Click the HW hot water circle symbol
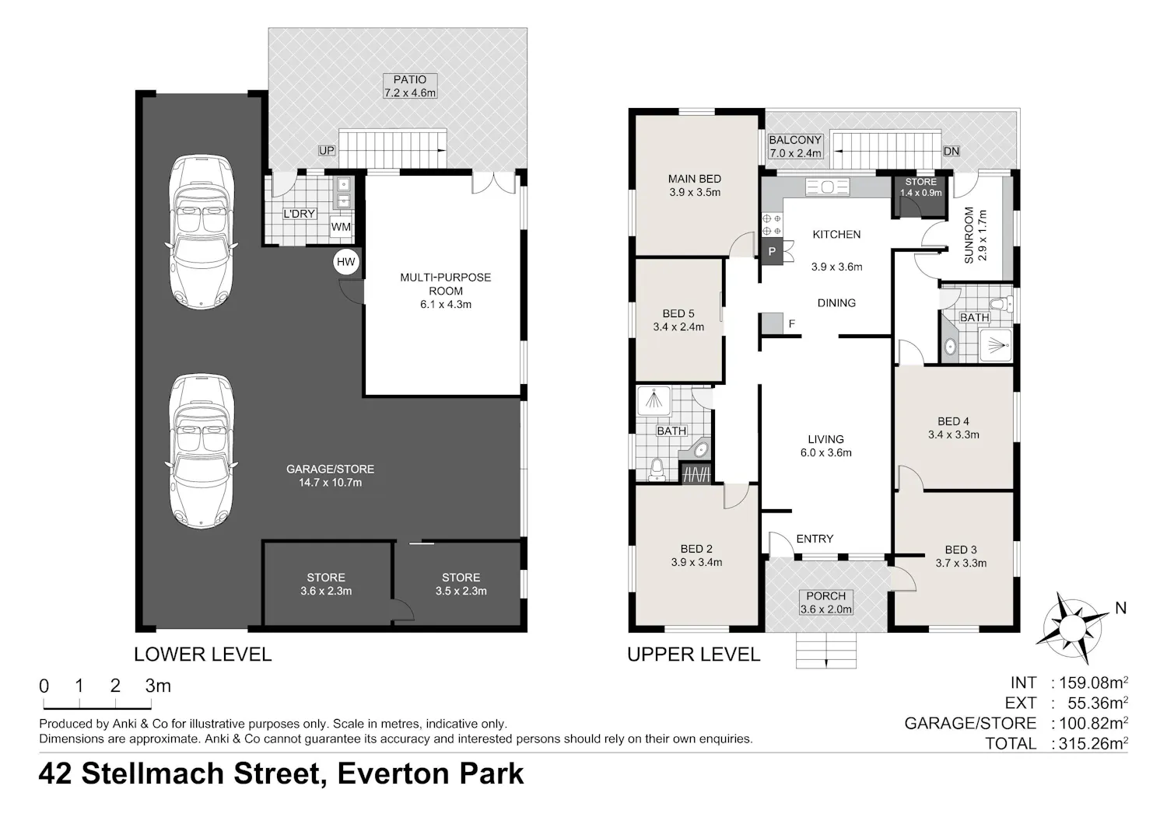tap(346, 262)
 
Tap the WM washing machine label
tap(341, 227)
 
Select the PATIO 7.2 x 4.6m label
tap(410, 86)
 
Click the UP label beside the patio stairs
tap(327, 151)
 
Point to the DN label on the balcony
tap(951, 151)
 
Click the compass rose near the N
tap(1071, 628)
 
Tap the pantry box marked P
tap(772, 251)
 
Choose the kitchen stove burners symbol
tap(772, 225)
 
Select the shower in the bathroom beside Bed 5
tap(654, 401)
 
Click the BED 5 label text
tap(678, 313)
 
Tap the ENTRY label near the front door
tap(815, 539)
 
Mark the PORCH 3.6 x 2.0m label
tap(826, 602)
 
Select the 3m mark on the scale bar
tap(158, 686)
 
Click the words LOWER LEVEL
tap(202, 655)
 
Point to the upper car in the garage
tap(201, 232)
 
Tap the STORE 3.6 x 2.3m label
tap(326, 584)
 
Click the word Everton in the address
tap(394, 773)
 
